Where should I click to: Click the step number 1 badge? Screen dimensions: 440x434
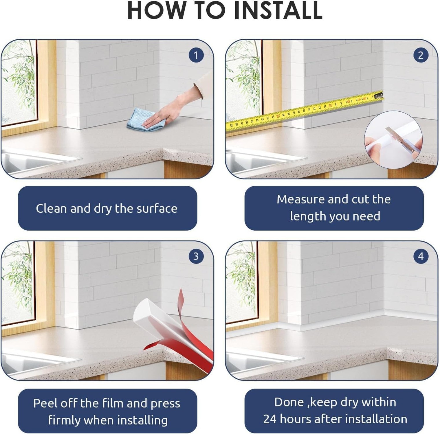tap(196, 55)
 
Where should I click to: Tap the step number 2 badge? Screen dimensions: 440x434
tap(421, 55)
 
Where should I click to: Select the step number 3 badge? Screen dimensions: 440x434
tap(196, 256)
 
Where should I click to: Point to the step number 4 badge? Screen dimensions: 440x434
tap(421, 256)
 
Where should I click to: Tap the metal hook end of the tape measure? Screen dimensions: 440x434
tap(378, 95)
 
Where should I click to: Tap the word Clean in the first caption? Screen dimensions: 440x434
tap(51, 208)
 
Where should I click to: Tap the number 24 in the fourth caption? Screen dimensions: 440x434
tap(270, 419)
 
